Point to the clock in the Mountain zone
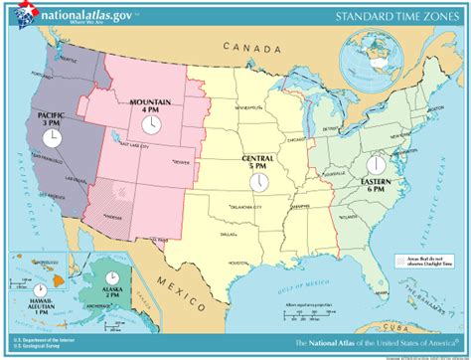[150, 124]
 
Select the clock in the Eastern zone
[377, 165]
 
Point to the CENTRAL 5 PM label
[258, 162]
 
